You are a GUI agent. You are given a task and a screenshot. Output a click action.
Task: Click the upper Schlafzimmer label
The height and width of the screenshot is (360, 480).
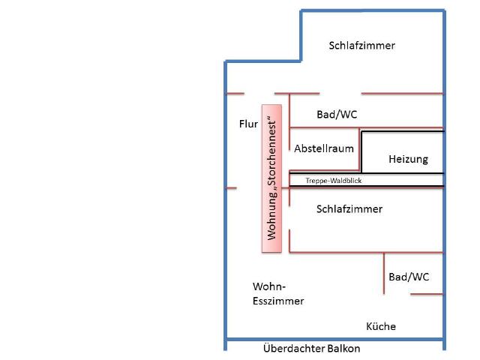pyautogui.click(x=361, y=46)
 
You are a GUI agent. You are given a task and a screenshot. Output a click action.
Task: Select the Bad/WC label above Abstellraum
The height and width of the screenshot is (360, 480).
pyautogui.click(x=337, y=115)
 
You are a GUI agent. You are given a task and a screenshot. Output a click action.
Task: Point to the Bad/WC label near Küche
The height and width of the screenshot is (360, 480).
pyautogui.click(x=409, y=277)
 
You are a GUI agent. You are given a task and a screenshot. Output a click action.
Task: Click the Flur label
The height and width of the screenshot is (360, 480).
pyautogui.click(x=248, y=124)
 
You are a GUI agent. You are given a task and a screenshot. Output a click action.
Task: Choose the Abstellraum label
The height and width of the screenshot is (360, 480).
pyautogui.click(x=324, y=148)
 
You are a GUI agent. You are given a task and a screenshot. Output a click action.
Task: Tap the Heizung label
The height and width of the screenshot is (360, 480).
pyautogui.click(x=408, y=159)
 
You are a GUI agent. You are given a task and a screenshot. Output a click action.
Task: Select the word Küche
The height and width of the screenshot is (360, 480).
pyautogui.click(x=381, y=326)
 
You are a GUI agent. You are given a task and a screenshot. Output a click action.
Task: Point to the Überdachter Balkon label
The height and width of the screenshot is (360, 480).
pyautogui.click(x=312, y=349)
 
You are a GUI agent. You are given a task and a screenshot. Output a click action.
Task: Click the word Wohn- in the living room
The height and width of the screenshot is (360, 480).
pyautogui.click(x=270, y=286)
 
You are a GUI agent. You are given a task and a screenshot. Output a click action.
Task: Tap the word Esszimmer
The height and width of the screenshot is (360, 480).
pyautogui.click(x=278, y=301)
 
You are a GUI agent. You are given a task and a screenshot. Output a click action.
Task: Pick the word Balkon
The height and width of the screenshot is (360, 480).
pyautogui.click(x=342, y=349)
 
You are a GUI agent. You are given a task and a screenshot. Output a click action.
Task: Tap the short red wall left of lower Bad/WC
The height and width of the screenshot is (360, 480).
pyautogui.click(x=384, y=274)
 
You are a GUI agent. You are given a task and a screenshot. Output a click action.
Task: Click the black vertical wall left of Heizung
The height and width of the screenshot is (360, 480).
pyautogui.click(x=362, y=151)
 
